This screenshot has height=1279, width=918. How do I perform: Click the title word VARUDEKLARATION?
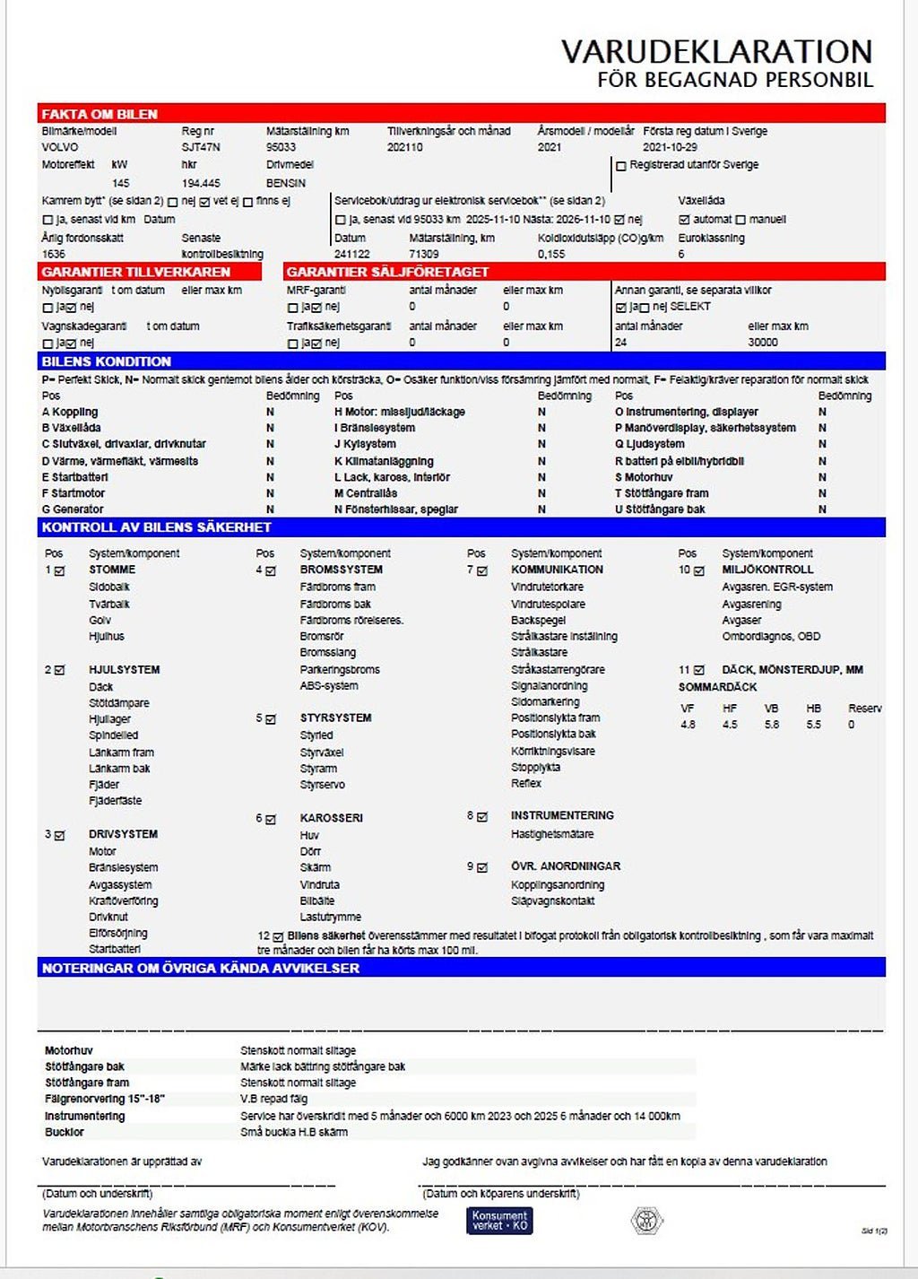(716, 51)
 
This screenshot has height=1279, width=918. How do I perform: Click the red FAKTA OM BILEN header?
(100, 114)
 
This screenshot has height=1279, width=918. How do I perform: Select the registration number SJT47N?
(201, 147)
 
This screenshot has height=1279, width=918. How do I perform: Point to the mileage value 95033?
(281, 147)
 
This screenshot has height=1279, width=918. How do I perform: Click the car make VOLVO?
(60, 147)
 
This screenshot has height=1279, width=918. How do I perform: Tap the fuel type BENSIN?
(286, 183)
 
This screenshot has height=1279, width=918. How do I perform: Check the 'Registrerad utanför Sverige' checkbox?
(621, 166)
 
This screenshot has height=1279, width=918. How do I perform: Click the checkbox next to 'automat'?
(684, 220)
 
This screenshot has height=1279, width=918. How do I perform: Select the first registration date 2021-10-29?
(670, 147)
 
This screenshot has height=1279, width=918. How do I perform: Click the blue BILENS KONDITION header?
(106, 361)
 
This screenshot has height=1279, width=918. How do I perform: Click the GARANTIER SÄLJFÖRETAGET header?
(387, 272)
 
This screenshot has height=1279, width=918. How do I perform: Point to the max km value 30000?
(763, 343)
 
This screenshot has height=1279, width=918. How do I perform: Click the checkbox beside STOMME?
(60, 570)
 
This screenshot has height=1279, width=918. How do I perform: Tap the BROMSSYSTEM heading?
(341, 570)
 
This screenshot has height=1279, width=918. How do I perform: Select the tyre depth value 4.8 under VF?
(688, 725)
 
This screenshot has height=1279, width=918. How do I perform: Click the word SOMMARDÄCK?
(717, 687)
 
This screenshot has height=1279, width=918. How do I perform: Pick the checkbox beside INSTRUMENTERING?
(482, 817)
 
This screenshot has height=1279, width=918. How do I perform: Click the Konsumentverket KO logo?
(499, 1221)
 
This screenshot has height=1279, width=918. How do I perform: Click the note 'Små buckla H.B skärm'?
(293, 1132)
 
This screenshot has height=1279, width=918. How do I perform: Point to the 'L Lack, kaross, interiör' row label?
(392, 477)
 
